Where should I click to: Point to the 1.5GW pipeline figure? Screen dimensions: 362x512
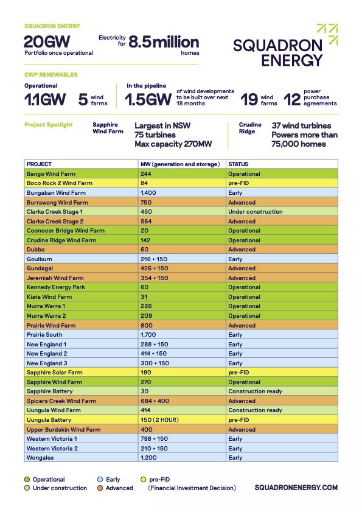tap(148, 99)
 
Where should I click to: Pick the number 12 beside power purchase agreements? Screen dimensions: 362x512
tap(292, 99)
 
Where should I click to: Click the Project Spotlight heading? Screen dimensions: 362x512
tap(49, 125)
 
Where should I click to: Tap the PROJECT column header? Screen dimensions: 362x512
tap(40, 164)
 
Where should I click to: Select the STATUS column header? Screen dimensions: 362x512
tap(238, 164)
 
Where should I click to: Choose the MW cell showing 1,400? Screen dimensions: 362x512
tap(148, 193)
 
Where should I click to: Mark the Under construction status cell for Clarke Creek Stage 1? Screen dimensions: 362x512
tap(256, 212)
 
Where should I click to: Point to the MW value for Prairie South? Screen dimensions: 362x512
tap(148, 335)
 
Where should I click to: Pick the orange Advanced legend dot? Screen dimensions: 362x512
tap(101, 488)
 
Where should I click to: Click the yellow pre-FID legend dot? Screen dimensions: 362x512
tap(144, 480)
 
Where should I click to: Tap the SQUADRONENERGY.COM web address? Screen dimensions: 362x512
tap(296, 488)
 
